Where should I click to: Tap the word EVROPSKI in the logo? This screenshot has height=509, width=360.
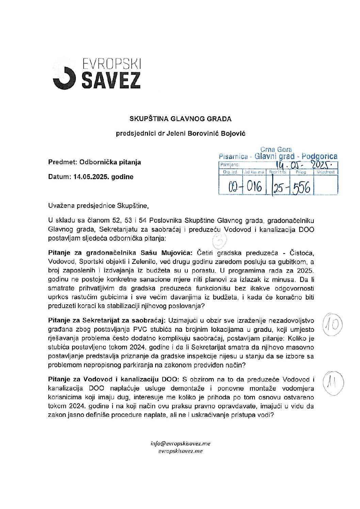[112, 64]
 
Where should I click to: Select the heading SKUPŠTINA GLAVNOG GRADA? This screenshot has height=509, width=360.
[180, 119]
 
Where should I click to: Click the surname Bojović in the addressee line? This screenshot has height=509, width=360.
[233, 133]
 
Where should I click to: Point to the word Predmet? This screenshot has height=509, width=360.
[62, 162]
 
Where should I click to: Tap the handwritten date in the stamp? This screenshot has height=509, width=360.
[306, 165]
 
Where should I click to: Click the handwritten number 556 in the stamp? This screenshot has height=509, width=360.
[301, 187]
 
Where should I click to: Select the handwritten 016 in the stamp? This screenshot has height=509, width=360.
[254, 187]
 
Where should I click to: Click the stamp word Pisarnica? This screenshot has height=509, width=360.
[233, 157]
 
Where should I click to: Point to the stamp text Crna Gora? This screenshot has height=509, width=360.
[276, 149]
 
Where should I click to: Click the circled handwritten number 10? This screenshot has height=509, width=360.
[332, 324]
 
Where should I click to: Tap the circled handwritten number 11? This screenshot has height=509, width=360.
[332, 383]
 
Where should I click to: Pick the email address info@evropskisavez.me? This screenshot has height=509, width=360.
[180, 443]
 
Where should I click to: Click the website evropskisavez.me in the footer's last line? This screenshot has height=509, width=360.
[180, 451]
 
